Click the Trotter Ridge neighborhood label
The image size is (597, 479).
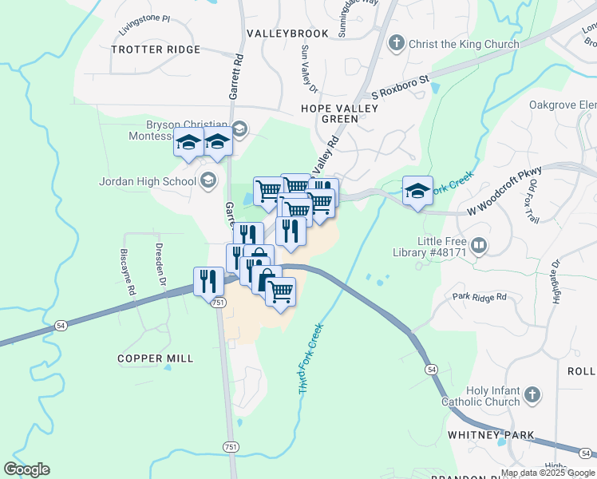[x=156, y=49]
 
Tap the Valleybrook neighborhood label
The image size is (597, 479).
[x=287, y=34]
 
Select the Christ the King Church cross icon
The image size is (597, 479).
[x=397, y=43]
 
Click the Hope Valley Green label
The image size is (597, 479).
[x=330, y=113]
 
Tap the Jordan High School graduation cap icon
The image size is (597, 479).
[x=208, y=180]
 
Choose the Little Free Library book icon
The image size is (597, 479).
[x=479, y=245]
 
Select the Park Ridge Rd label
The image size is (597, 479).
[x=479, y=297]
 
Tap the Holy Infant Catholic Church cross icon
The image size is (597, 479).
[x=532, y=394]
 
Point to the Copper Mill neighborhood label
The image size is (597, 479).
[x=156, y=358]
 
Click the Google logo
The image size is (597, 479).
[x=27, y=469]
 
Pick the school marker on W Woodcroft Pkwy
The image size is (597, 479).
[x=417, y=191]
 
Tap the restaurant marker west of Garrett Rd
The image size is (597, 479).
[x=206, y=282]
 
